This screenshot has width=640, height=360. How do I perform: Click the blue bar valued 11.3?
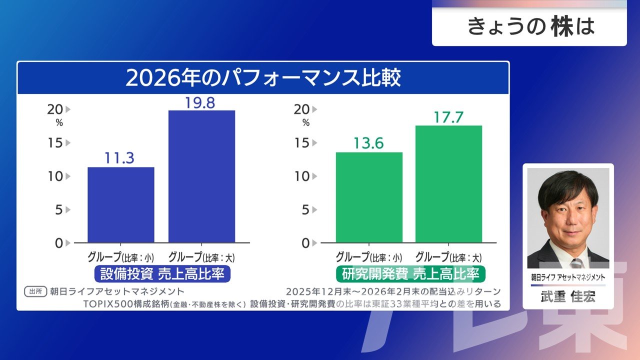121,205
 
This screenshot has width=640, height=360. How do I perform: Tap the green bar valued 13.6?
369,197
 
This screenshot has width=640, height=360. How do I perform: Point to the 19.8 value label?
199,103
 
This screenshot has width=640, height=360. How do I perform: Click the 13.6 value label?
368,143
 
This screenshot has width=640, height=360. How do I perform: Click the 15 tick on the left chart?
55,143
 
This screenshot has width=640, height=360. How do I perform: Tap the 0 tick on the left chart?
59,243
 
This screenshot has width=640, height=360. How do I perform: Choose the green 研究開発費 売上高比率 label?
410,274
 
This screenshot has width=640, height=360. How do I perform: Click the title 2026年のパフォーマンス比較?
263,78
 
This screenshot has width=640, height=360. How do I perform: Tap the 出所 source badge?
35,291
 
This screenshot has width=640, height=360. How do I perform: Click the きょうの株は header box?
529,26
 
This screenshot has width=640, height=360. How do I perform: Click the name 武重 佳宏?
568,296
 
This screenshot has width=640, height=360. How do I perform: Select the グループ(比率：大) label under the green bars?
448,258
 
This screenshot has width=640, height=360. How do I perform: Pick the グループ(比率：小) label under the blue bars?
120,258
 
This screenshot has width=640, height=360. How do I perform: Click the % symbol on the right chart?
305,122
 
